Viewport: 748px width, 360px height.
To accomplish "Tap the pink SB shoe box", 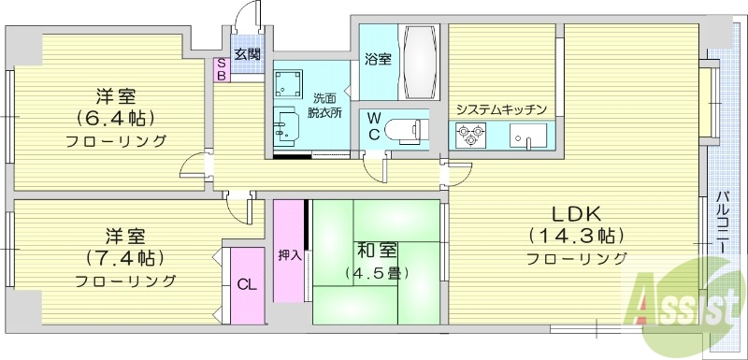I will pos(222,69).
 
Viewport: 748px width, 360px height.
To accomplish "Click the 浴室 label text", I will pos(378,58).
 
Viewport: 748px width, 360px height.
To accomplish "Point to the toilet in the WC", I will pos(408,130).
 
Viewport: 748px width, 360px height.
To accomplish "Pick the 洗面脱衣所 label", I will pos(326,105).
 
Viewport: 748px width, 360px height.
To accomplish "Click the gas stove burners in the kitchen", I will pos(468,137).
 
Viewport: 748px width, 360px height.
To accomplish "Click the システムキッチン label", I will pos(501,109).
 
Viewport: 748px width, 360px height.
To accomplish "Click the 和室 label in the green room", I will pos(376,251).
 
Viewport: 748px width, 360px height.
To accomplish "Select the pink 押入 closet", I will pos(289,252).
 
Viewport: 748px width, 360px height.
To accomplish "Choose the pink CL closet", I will pos(248,286).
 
